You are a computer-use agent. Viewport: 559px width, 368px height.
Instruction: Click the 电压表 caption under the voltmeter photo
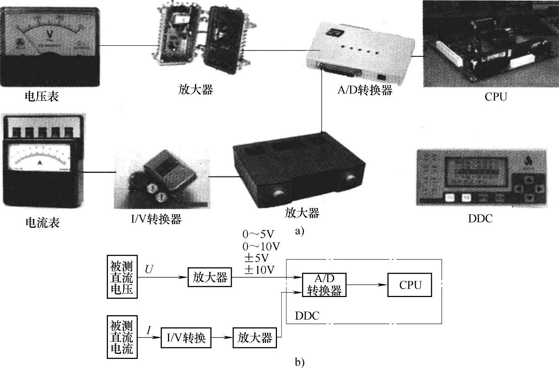pyautogui.click(x=42, y=96)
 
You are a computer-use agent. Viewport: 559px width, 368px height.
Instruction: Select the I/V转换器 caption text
pyautogui.click(x=156, y=219)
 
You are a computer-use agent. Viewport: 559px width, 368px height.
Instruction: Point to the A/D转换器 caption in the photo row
pyautogui.click(x=365, y=90)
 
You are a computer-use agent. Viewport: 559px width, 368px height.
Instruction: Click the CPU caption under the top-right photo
pyautogui.click(x=496, y=97)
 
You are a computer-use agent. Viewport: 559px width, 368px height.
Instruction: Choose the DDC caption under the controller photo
pyautogui.click(x=480, y=218)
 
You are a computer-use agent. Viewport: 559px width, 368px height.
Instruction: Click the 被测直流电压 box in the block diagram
pyautogui.click(x=122, y=277)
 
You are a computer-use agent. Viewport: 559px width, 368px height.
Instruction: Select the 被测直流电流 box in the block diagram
pyautogui.click(x=122, y=337)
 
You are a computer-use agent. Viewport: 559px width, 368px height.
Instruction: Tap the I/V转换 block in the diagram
pyautogui.click(x=186, y=338)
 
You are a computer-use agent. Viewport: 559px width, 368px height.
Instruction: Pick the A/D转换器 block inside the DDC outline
pyautogui.click(x=324, y=285)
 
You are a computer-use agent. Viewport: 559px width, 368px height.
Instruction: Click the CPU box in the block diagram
pyautogui.click(x=410, y=285)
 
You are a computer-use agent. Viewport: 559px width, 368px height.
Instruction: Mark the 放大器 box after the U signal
pyautogui.click(x=210, y=277)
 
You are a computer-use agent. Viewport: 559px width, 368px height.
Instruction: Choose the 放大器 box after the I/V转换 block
pyautogui.click(x=254, y=338)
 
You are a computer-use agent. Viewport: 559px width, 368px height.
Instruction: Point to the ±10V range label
pyautogui.click(x=259, y=270)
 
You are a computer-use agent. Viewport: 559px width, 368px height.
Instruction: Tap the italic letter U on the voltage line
pyautogui.click(x=149, y=270)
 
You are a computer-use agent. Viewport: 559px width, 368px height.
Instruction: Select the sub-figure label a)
pyautogui.click(x=299, y=231)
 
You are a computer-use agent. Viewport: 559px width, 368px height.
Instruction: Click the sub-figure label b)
pyautogui.click(x=299, y=362)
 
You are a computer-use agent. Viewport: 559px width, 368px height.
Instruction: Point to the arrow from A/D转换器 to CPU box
pyautogui.click(x=366, y=285)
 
